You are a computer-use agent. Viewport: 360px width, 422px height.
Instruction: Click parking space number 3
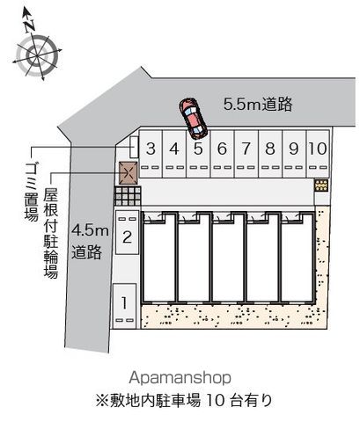coord(151,154)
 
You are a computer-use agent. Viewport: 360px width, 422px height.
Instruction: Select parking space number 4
coord(174,154)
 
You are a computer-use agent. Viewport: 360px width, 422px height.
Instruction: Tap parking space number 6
coord(222,154)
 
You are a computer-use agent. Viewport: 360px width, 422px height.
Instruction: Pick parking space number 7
coord(246,154)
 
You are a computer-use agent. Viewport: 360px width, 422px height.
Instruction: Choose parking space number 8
coord(270,154)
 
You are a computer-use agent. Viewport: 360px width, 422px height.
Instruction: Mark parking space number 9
coord(294,154)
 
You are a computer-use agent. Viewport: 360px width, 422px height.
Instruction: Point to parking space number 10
coord(318,154)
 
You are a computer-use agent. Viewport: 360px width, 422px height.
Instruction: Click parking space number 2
coord(127,232)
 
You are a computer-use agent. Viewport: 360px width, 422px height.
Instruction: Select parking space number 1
coord(124,306)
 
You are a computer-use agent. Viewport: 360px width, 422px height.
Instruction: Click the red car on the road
coord(194,119)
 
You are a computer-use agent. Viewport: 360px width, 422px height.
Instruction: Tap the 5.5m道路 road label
coord(258,104)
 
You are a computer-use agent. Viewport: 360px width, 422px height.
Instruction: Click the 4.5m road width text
coord(90,231)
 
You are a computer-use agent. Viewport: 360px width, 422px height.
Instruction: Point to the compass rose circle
coord(37,55)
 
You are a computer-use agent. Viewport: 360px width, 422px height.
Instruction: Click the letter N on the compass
coord(30,25)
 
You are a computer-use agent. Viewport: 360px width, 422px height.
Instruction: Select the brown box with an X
coord(129,173)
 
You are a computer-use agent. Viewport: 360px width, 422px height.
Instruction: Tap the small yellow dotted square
coord(321,186)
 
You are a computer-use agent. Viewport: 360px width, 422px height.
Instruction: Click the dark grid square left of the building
coord(128,196)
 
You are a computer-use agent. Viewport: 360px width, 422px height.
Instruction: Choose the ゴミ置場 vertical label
coord(31,192)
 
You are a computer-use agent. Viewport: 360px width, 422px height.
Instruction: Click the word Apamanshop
coord(180,378)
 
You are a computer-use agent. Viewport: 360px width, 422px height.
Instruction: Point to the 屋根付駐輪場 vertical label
coord(51,233)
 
